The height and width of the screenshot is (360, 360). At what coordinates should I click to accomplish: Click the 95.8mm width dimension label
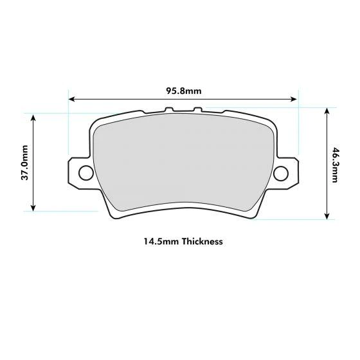183,91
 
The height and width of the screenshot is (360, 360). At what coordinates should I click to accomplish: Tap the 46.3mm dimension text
335,165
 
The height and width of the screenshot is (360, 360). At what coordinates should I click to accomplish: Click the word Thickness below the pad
202,242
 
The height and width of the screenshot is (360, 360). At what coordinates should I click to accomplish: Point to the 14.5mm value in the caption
161,242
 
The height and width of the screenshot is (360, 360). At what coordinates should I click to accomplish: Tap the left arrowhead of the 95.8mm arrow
71,100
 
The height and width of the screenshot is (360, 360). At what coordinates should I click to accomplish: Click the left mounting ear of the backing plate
76,172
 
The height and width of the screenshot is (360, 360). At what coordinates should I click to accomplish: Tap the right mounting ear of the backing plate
289,172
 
